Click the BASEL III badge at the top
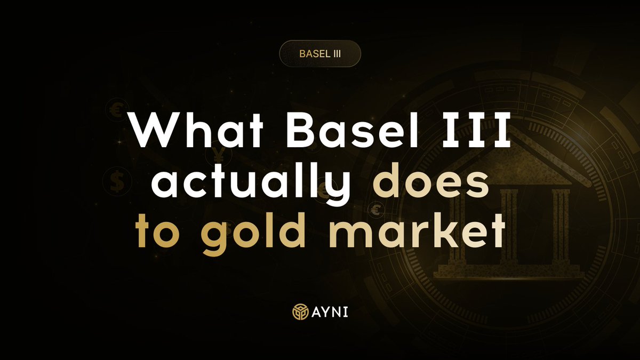pos(320,54)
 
